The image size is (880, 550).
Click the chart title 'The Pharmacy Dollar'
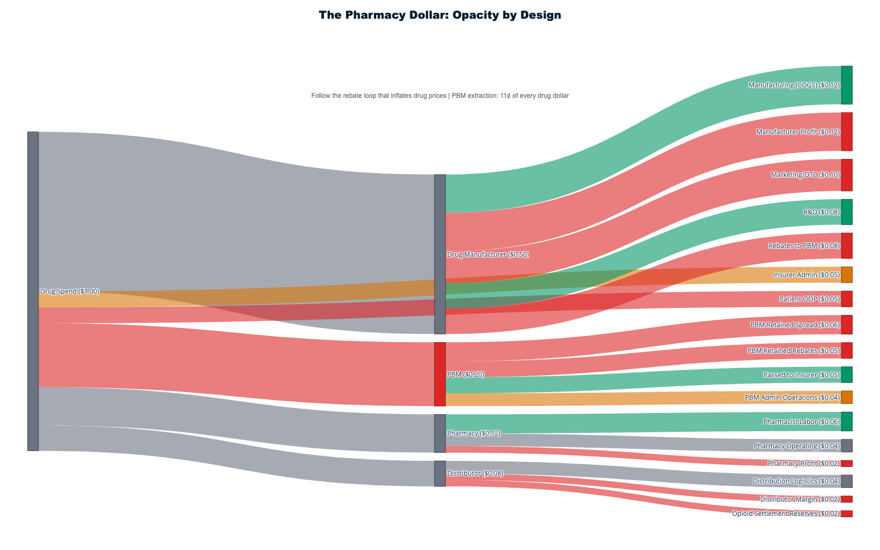tap(440, 15)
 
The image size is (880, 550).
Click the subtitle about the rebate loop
tap(440, 96)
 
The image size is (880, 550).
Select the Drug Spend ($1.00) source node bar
tap(33, 291)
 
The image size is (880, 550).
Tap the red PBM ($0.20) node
tap(440, 374)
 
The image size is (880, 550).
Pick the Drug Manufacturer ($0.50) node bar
tap(440, 254)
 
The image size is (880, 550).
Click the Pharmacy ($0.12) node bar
tap(440, 433)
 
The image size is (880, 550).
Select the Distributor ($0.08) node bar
tap(440, 474)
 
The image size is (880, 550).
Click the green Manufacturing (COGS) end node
tap(847, 85)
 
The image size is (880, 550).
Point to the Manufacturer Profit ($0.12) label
tap(798, 132)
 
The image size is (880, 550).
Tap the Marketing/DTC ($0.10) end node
tap(847, 175)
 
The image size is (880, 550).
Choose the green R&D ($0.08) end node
tap(847, 212)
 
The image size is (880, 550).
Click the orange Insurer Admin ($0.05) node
tap(847, 275)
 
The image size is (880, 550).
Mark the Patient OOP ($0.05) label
tap(809, 299)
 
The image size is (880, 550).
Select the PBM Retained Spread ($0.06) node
tap(847, 325)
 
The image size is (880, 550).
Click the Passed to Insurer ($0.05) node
tap(847, 375)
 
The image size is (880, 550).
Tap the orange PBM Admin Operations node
tap(847, 397)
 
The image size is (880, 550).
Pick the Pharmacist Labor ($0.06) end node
tap(847, 421)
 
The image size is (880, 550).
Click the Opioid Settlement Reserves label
tap(785, 514)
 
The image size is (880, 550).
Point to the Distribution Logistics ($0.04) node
tap(847, 481)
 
